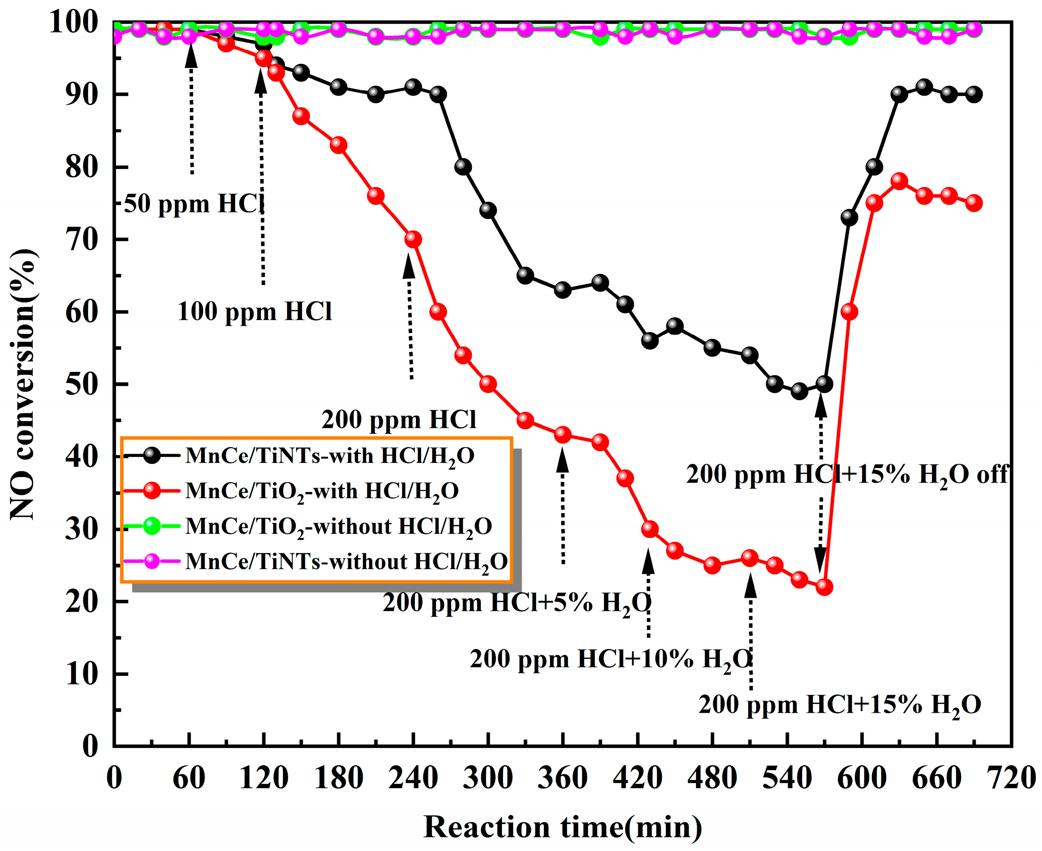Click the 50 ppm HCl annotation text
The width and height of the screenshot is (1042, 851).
click(x=193, y=203)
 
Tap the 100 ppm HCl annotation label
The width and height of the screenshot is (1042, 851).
click(x=254, y=311)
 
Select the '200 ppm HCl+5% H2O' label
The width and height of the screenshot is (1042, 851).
click(x=516, y=603)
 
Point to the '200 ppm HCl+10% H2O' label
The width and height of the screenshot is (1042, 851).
click(x=610, y=659)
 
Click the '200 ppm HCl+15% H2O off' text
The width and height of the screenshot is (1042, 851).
click(x=847, y=475)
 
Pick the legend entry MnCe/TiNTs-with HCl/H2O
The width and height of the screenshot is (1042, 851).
click(x=329, y=456)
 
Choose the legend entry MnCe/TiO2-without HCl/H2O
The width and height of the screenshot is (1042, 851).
click(x=338, y=526)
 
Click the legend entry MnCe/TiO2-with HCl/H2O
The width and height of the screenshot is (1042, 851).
click(x=321, y=491)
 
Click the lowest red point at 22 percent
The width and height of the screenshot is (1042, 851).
click(x=825, y=587)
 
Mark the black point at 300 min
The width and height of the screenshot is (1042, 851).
click(x=488, y=210)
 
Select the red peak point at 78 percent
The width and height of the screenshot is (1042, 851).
click(x=899, y=181)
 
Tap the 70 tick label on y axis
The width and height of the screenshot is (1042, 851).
click(x=82, y=240)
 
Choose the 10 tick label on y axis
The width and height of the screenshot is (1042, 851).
click(x=82, y=675)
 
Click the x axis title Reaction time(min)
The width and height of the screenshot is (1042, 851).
click(x=562, y=827)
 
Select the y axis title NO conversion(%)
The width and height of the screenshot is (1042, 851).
click(x=23, y=385)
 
